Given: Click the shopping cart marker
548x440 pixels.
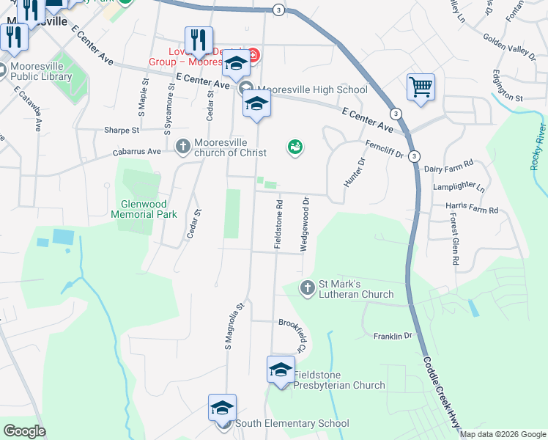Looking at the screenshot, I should pyautogui.click(x=421, y=88).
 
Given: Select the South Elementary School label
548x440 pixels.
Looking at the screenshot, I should pyautogui.click(x=292, y=423).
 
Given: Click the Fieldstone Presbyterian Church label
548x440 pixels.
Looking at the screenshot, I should pyautogui.click(x=338, y=380).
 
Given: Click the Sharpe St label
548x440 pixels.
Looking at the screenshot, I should pyautogui.click(x=121, y=130).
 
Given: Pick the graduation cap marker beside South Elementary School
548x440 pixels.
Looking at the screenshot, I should pyautogui.click(x=223, y=408).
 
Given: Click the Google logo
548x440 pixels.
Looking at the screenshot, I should pyautogui.click(x=25, y=431).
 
